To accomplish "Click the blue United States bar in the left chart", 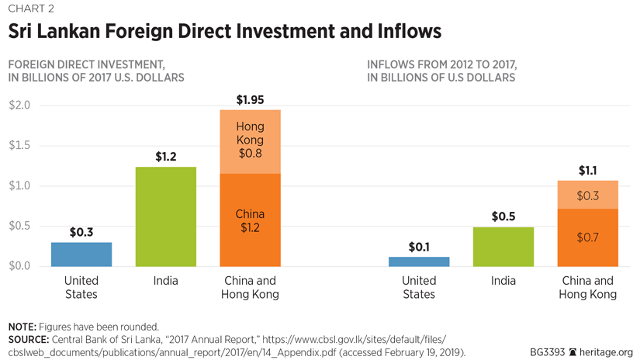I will click(x=81, y=254).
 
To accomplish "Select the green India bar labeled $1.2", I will click(x=165, y=216).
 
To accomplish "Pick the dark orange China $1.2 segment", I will click(x=250, y=220).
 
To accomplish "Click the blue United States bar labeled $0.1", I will click(x=419, y=261).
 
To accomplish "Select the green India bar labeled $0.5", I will click(x=503, y=247).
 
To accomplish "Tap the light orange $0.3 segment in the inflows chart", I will click(x=587, y=195).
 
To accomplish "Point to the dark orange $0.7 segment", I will click(x=587, y=237).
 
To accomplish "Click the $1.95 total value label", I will click(x=250, y=99).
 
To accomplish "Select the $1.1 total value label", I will click(x=587, y=171).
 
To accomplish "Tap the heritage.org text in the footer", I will click(x=607, y=351).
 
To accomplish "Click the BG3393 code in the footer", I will click(x=548, y=351).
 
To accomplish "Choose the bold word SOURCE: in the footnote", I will click(x=29, y=340).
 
